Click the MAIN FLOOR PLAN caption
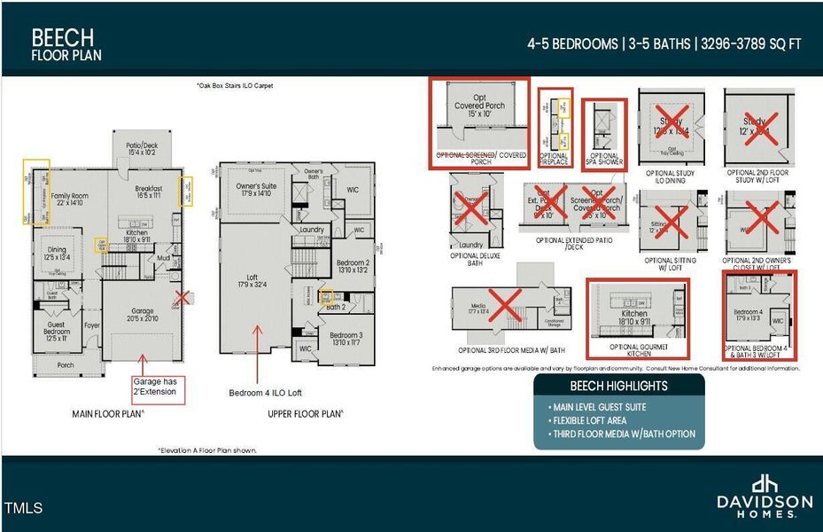coord(108,414)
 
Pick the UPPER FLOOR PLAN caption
coord(306,414)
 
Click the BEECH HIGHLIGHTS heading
coord(618,387)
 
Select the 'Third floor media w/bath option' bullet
coord(622,434)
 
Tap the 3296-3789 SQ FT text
coord(752,43)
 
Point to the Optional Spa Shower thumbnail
coord(605,133)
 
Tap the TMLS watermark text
coord(23,509)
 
